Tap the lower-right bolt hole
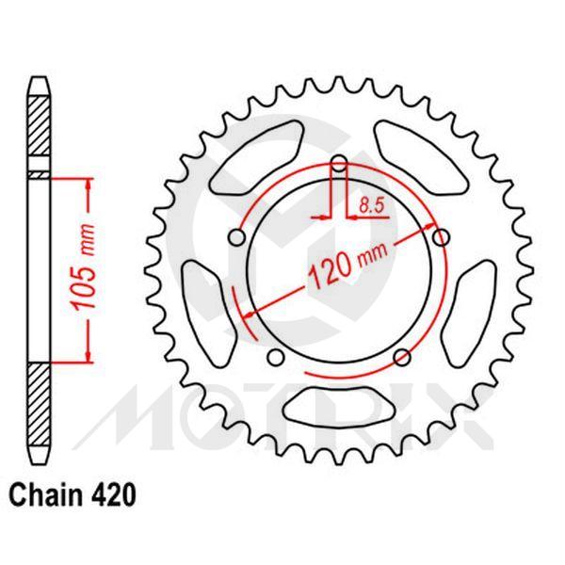pyautogui.click(x=401, y=356)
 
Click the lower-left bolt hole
pyautogui.click(x=276, y=357)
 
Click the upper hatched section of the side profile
pyautogui.click(x=37, y=127)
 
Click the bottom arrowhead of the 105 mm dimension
pyautogui.click(x=89, y=353)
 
